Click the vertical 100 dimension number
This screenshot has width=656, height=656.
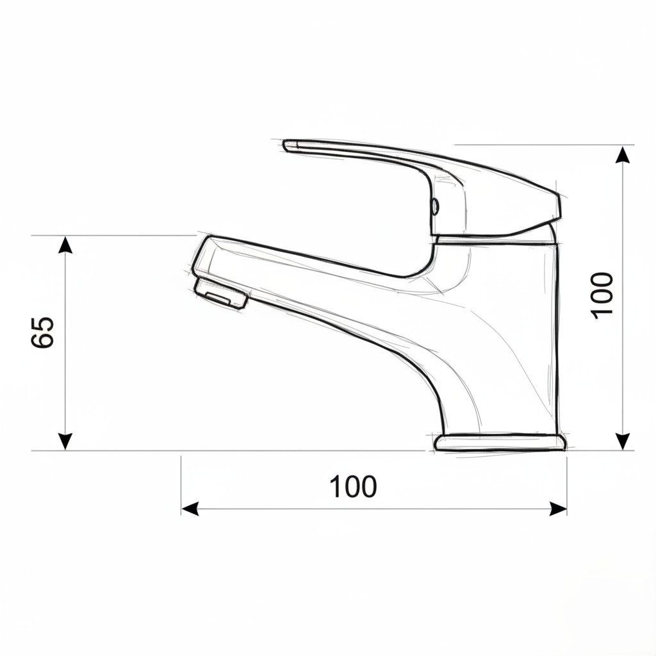click(x=602, y=295)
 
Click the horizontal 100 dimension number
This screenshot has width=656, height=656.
click(x=353, y=487)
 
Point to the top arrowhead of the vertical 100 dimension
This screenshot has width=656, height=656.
click(x=622, y=154)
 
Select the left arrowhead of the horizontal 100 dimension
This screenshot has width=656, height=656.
click(x=190, y=509)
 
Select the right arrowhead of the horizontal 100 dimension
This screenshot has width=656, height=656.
click(x=558, y=509)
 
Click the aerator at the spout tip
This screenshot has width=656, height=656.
click(x=220, y=293)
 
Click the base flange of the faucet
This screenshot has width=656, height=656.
click(x=500, y=441)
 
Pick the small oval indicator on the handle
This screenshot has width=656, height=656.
click(x=436, y=206)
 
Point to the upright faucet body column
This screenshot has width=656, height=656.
click(x=525, y=333)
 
